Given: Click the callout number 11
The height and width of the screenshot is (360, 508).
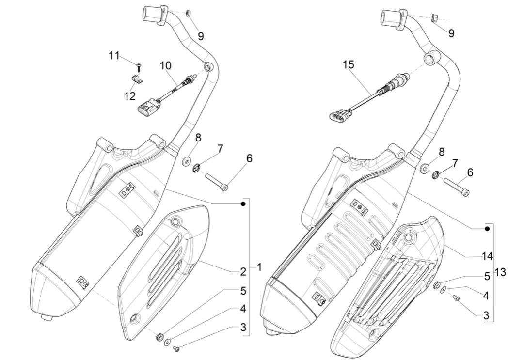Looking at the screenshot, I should (x=114, y=56).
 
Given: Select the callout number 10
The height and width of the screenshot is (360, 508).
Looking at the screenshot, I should (x=166, y=65).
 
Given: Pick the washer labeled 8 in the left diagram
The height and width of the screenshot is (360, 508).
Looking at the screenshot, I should (x=186, y=159).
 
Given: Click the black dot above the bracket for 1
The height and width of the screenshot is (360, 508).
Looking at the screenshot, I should (x=243, y=204).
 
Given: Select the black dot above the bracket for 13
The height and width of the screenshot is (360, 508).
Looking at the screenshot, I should (x=487, y=228).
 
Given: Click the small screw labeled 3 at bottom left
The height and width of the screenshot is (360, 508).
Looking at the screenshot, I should (x=177, y=348).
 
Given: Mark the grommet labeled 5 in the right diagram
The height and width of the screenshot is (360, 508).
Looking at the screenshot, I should (x=437, y=285).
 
